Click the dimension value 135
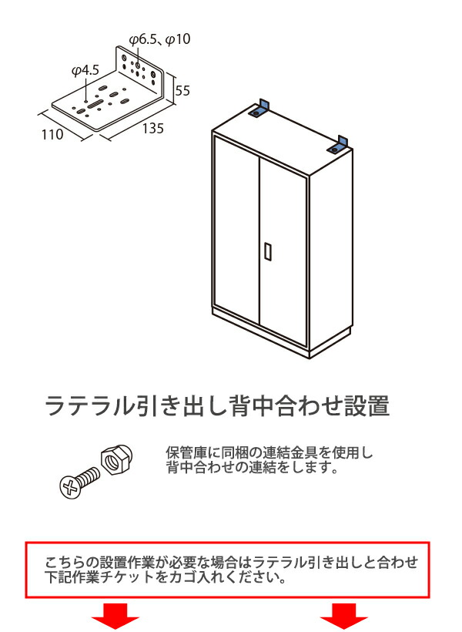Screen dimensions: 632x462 (152, 129)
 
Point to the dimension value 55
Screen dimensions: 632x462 (182, 90)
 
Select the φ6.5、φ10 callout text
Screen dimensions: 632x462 (159, 39)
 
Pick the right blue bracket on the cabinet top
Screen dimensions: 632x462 (339, 143)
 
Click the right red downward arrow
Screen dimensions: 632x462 (344, 616)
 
